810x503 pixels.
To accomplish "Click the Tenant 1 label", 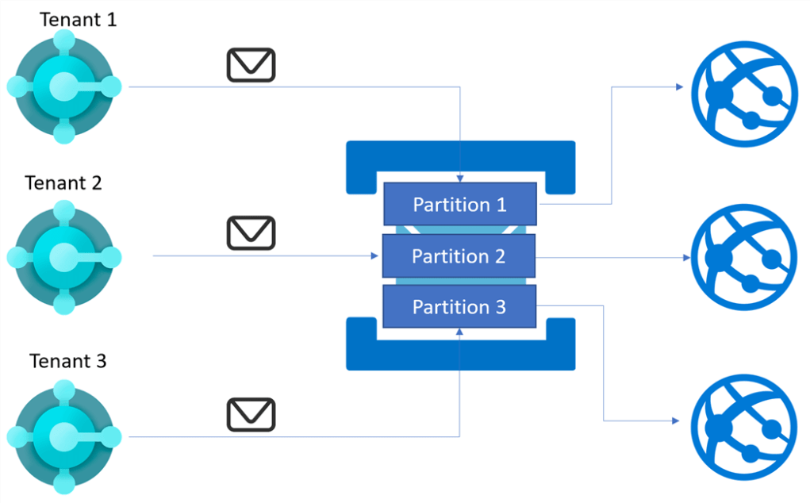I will tap(79, 19).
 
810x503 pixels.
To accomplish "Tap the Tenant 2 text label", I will tap(63, 182).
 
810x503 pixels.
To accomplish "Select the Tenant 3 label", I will tap(67, 361).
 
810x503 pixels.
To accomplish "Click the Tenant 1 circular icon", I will tap(63, 86).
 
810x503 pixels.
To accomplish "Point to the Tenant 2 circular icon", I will tap(63, 257).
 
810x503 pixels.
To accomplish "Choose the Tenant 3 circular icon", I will tap(63, 436).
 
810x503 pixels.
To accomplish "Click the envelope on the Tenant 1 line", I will tap(251, 64).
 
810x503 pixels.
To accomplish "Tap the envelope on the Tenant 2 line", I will tap(251, 233).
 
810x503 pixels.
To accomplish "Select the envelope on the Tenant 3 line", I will tap(251, 414).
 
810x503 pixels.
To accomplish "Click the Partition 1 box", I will tap(459, 204).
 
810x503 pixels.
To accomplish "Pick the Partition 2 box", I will tap(459, 256).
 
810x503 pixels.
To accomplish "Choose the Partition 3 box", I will tap(459, 307).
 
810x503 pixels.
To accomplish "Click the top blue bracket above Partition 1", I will tap(460, 154).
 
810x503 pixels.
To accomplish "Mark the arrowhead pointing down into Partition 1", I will tap(460, 179).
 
